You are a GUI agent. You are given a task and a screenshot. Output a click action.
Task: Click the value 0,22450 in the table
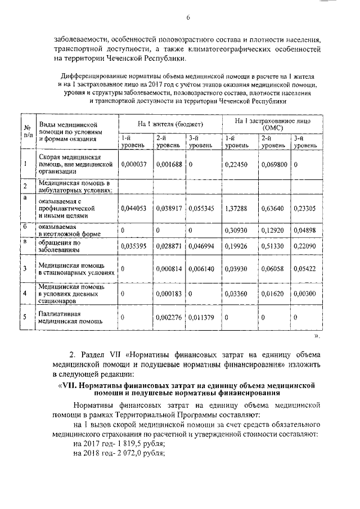click(236, 164)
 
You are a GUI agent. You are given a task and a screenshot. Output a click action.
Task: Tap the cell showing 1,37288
click(236, 208)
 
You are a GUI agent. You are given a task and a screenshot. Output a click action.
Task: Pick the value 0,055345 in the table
click(201, 208)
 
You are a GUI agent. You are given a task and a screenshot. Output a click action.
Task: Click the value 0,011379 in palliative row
click(201, 318)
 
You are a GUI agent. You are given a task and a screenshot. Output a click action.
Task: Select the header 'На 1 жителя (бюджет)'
click(170, 123)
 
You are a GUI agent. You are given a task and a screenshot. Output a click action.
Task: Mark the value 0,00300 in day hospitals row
click(304, 293)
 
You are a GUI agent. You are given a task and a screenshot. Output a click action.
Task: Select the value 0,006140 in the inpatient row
click(201, 269)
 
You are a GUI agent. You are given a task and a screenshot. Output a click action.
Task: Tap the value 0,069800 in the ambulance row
click(274, 164)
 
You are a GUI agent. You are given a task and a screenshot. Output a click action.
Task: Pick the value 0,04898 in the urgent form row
click(304, 231)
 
